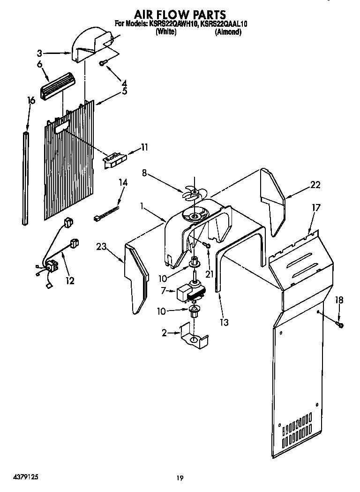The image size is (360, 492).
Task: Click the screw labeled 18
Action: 339,323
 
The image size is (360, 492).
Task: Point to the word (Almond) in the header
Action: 228,32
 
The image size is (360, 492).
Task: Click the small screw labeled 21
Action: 207,245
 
